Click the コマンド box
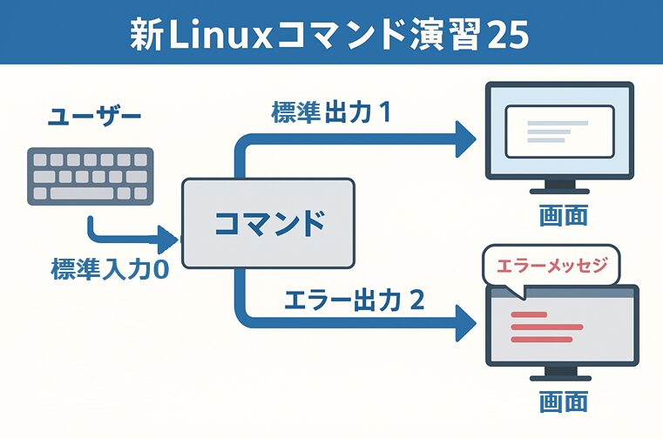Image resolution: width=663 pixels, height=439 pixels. point(268,223)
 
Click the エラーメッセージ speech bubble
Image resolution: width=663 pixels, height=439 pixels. point(547,265)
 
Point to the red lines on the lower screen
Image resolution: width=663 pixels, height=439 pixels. point(545,327)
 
